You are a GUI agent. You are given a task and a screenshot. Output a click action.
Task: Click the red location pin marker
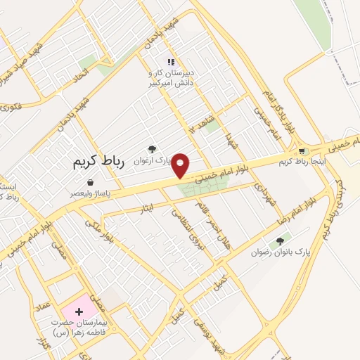[181, 165]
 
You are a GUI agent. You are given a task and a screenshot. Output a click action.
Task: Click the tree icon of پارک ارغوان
[151, 148]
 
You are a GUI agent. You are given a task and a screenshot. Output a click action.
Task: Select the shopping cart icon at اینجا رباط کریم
[302, 151]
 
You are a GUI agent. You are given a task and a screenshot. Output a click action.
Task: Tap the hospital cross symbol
[79, 310]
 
